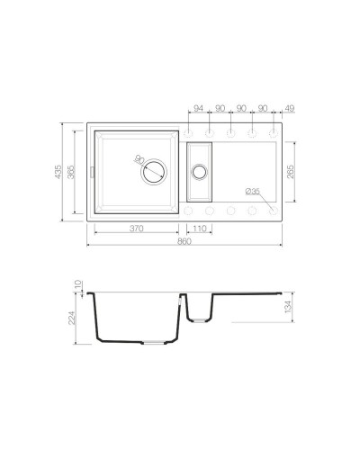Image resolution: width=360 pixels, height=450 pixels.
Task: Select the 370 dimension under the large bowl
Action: (x=137, y=229)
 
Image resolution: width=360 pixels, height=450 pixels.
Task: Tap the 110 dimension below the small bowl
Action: (x=200, y=229)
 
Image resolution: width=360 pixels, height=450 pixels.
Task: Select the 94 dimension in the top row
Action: (x=198, y=109)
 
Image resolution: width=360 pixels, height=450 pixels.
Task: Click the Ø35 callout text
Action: (x=252, y=191)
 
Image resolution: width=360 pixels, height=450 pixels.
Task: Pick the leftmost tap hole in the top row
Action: (x=189, y=130)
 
